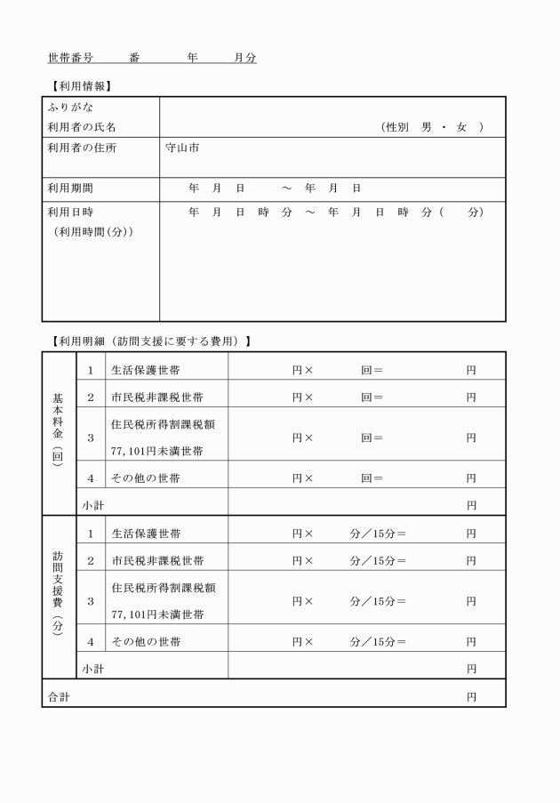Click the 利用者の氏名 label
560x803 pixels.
[81, 127]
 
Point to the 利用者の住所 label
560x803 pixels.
[81, 148]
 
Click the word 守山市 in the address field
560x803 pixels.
[182, 148]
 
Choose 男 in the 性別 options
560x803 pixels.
[428, 127]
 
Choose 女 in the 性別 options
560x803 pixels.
[461, 127]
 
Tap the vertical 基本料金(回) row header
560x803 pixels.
[59, 432]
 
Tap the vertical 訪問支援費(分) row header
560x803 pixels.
[59, 596]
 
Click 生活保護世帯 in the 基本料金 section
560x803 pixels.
[145, 370]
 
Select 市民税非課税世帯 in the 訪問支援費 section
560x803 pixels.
[157, 561]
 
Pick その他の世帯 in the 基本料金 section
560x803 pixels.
[145, 478]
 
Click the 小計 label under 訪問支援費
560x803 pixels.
[92, 669]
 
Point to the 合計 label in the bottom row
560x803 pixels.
[59, 698]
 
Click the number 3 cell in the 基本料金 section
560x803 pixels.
[91, 438]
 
